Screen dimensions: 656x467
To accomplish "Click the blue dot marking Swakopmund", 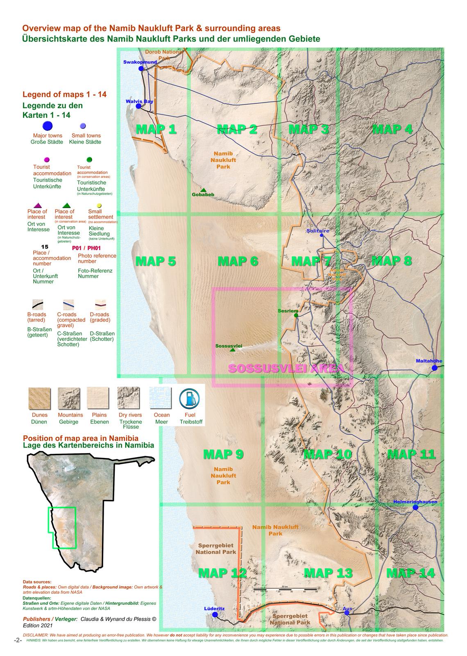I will click(x=141, y=68).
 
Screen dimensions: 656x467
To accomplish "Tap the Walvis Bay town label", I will click(x=139, y=101).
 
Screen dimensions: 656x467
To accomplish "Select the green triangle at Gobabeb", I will click(x=203, y=189).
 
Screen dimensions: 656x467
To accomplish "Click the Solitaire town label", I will click(x=317, y=231).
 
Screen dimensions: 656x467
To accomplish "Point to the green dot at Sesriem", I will click(x=296, y=315).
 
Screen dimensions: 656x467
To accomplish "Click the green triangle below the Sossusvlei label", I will click(x=233, y=350).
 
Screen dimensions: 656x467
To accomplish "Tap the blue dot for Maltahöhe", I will click(x=435, y=368).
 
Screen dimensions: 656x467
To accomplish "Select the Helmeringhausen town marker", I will click(x=415, y=507).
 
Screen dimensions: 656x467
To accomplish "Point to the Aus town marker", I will click(x=347, y=613).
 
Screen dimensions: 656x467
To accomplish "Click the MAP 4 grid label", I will click(x=392, y=129).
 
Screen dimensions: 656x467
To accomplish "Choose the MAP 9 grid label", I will click(x=223, y=454).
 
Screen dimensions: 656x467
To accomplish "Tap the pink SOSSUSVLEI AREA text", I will click(x=285, y=368).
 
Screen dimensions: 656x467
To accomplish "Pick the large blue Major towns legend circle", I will click(x=48, y=126).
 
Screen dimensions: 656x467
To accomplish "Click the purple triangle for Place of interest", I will click(x=37, y=205).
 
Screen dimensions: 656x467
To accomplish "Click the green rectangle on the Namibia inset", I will click(x=62, y=528).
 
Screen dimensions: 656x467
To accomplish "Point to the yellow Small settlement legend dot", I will click(x=99, y=206).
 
